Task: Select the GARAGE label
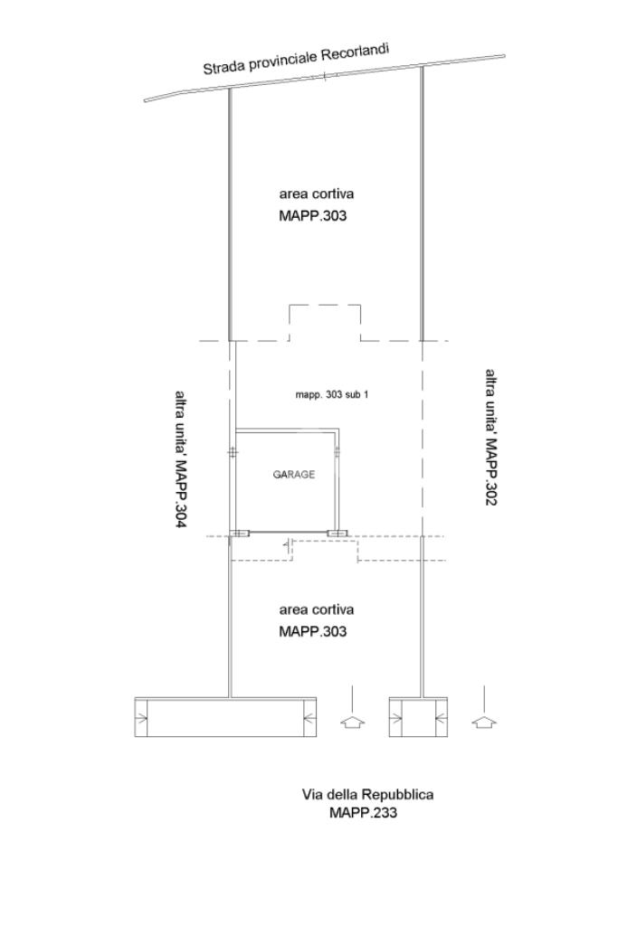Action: (294, 474)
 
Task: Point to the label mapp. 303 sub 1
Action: (331, 394)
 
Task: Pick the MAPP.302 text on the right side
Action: (491, 472)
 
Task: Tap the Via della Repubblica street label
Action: (367, 794)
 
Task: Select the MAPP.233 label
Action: (364, 813)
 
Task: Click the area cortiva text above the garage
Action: (317, 194)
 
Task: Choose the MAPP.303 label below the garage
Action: (312, 631)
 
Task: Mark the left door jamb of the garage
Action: (239, 534)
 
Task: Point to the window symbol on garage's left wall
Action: (233, 453)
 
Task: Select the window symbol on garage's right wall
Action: (338, 453)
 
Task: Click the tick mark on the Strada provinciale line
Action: (324, 76)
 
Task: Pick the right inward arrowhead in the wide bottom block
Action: (309, 718)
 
